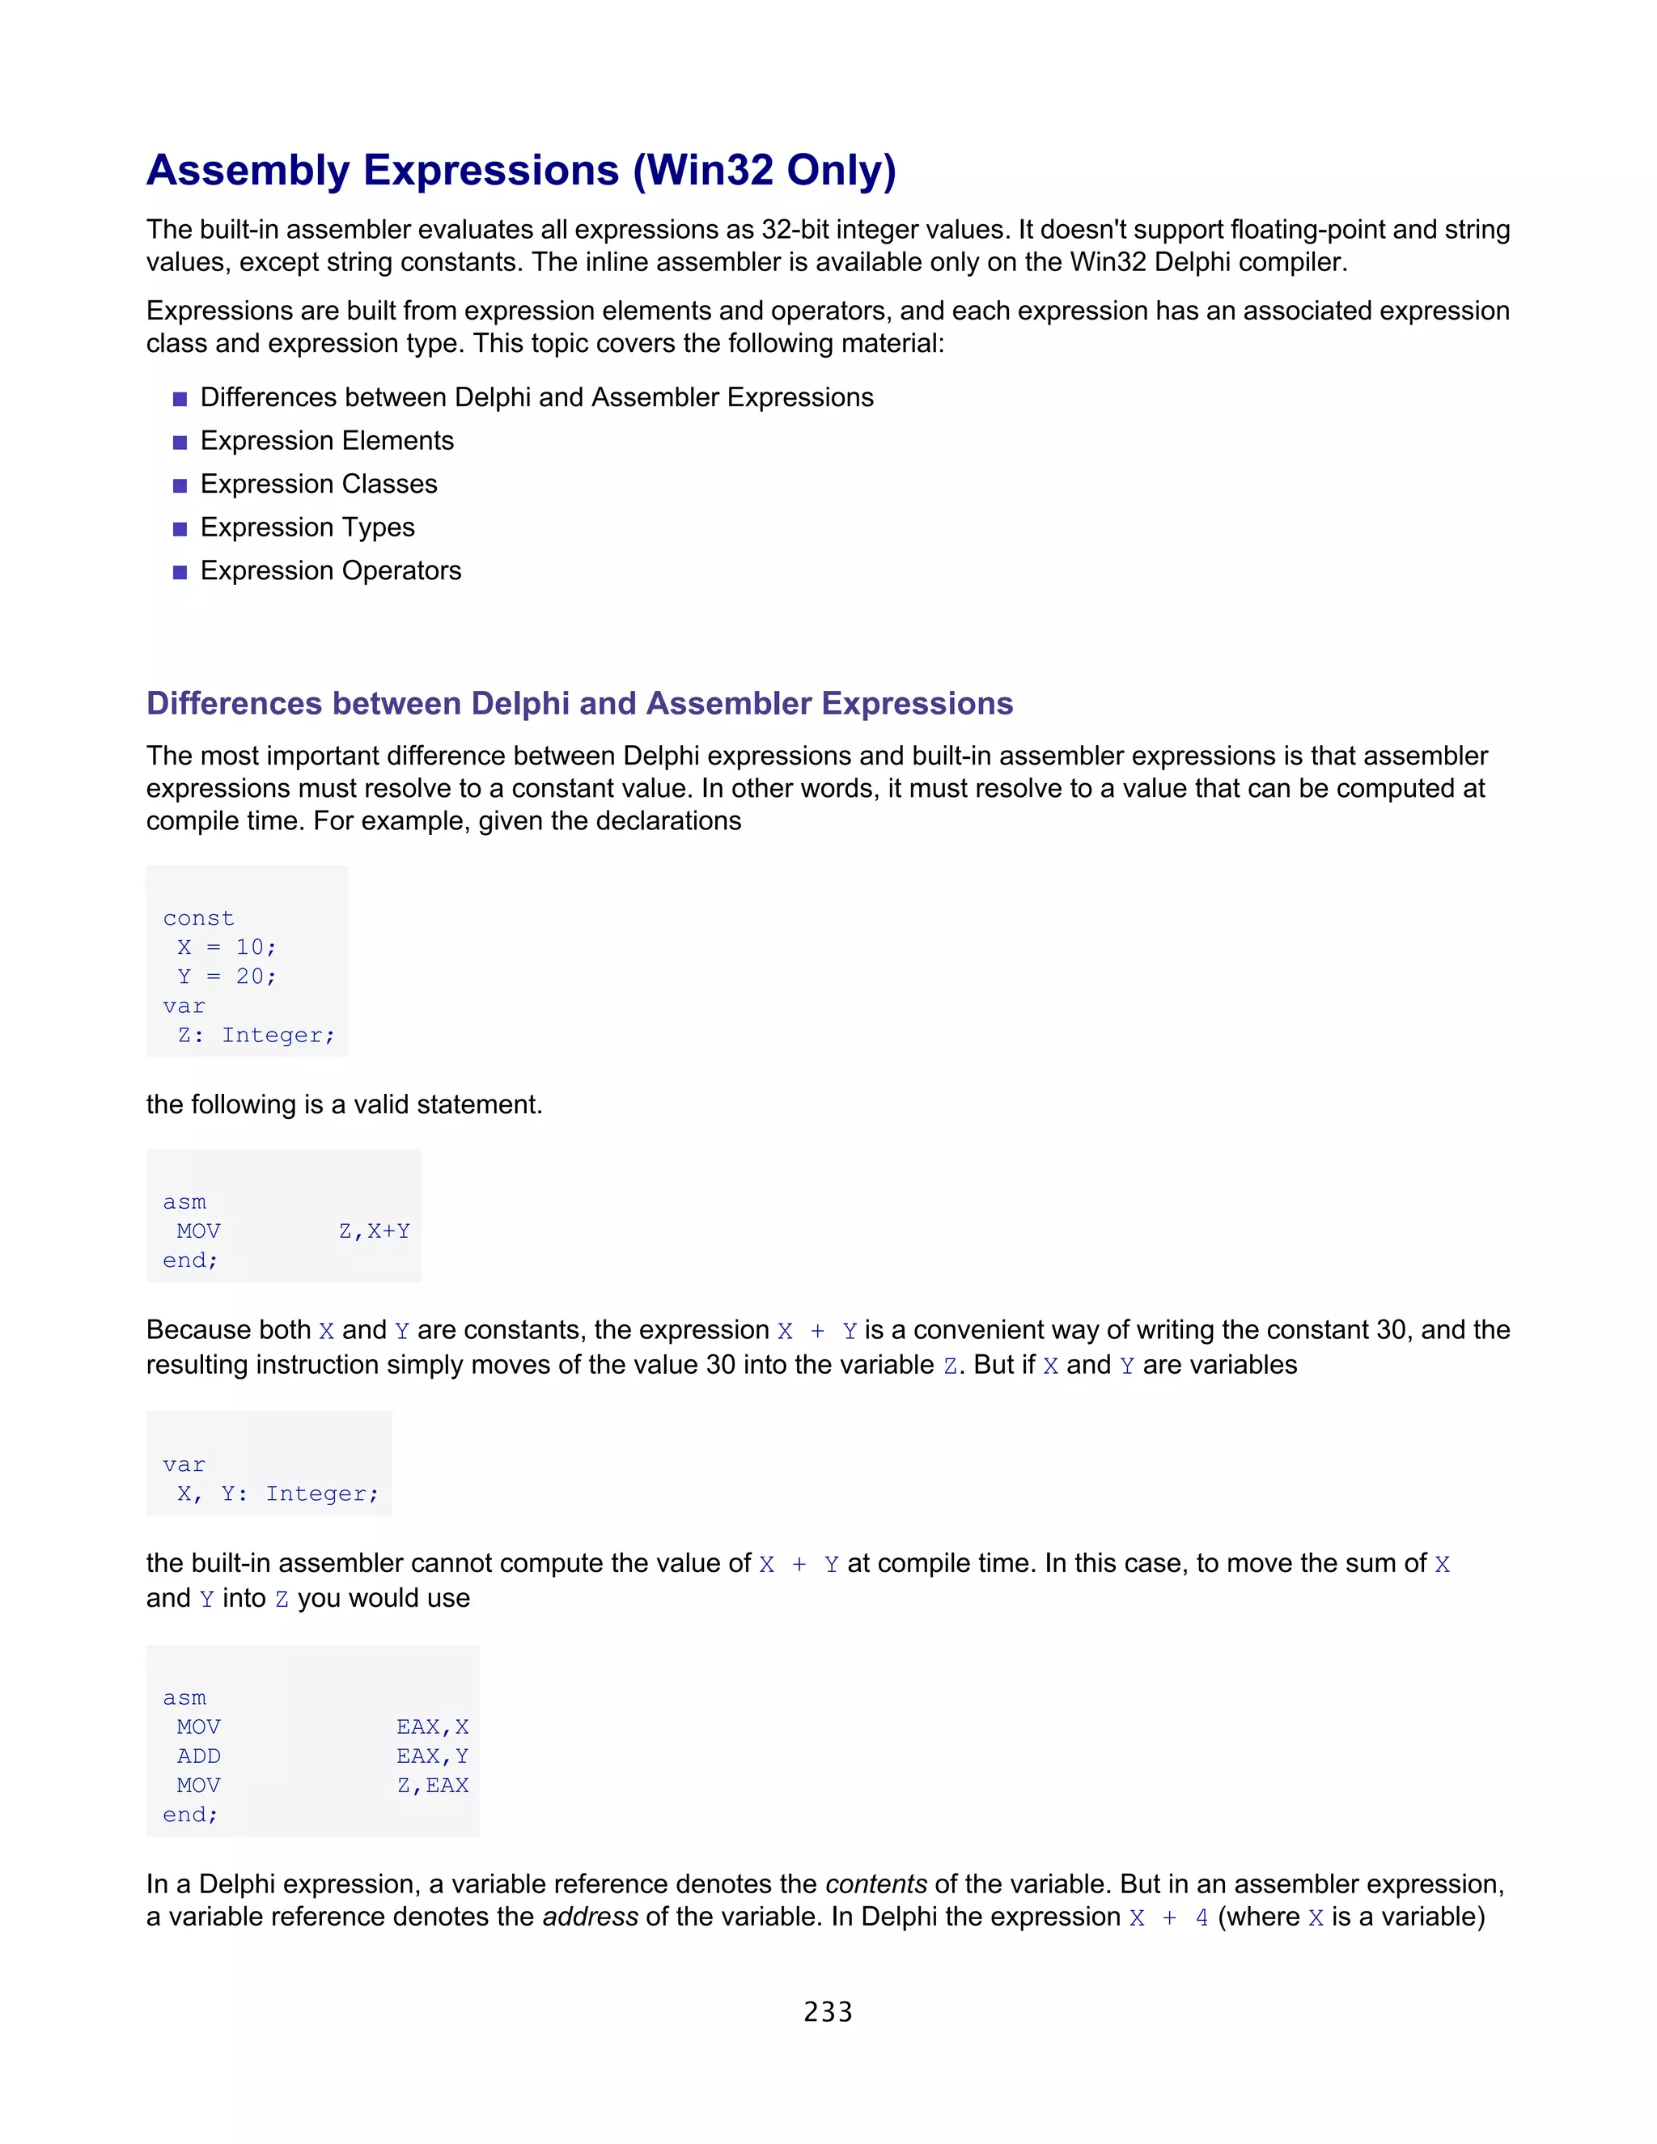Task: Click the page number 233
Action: [x=828, y=2011]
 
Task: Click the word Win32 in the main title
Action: [x=710, y=170]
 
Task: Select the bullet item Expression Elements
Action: [x=327, y=441]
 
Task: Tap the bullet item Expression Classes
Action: [x=319, y=484]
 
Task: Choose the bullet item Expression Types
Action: [x=307, y=528]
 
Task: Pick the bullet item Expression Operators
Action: [x=331, y=570]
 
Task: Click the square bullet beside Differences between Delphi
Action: [x=180, y=399]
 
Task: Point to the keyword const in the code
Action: [x=198, y=918]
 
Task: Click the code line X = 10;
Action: [x=227, y=947]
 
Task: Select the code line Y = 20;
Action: [x=227, y=977]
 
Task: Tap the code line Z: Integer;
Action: [x=255, y=1036]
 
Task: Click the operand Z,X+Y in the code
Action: [x=374, y=1231]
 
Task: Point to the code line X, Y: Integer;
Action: [x=277, y=1494]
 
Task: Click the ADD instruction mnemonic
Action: [x=198, y=1756]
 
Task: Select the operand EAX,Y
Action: [x=432, y=1756]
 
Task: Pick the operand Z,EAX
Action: [x=432, y=1786]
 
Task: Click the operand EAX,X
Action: [x=432, y=1727]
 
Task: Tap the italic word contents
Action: [x=875, y=1883]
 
